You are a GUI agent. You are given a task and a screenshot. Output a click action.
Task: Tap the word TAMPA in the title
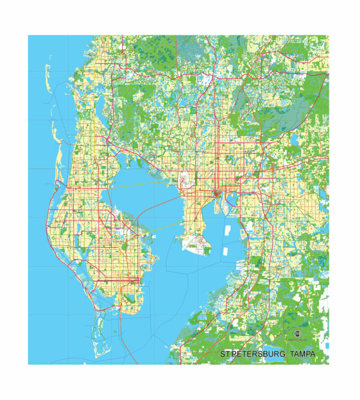pyautogui.click(x=303, y=355)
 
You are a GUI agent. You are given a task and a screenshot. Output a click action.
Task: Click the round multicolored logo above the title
pyautogui.click(x=297, y=333)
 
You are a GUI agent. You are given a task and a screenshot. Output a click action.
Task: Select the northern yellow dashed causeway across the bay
pyautogui.click(x=135, y=185)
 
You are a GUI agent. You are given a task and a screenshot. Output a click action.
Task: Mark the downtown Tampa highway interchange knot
pyautogui.click(x=217, y=194)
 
